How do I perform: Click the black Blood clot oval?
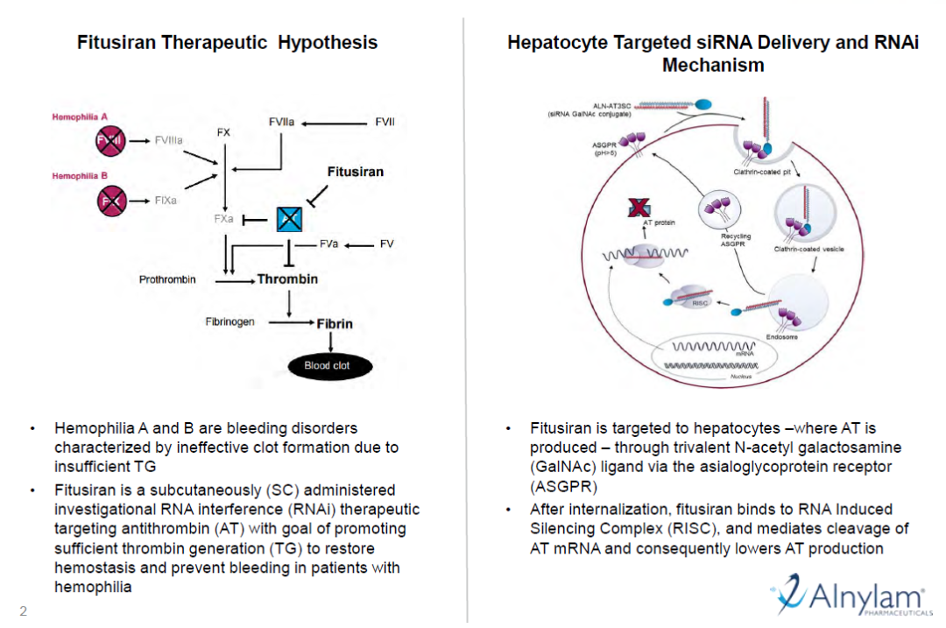[327, 365]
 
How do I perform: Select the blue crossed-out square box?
[289, 219]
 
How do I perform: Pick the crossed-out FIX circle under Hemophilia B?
[112, 201]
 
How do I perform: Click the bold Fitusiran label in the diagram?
[355, 172]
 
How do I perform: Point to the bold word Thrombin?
[287, 280]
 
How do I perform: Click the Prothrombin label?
[167, 280]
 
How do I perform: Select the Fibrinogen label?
[230, 322]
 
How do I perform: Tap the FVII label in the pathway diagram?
[385, 122]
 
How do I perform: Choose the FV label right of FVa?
[386, 243]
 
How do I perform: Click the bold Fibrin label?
[333, 323]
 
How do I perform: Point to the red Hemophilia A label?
[80, 116]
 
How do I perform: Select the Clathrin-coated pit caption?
[762, 172]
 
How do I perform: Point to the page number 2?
[23, 611]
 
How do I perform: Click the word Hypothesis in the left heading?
[328, 42]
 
